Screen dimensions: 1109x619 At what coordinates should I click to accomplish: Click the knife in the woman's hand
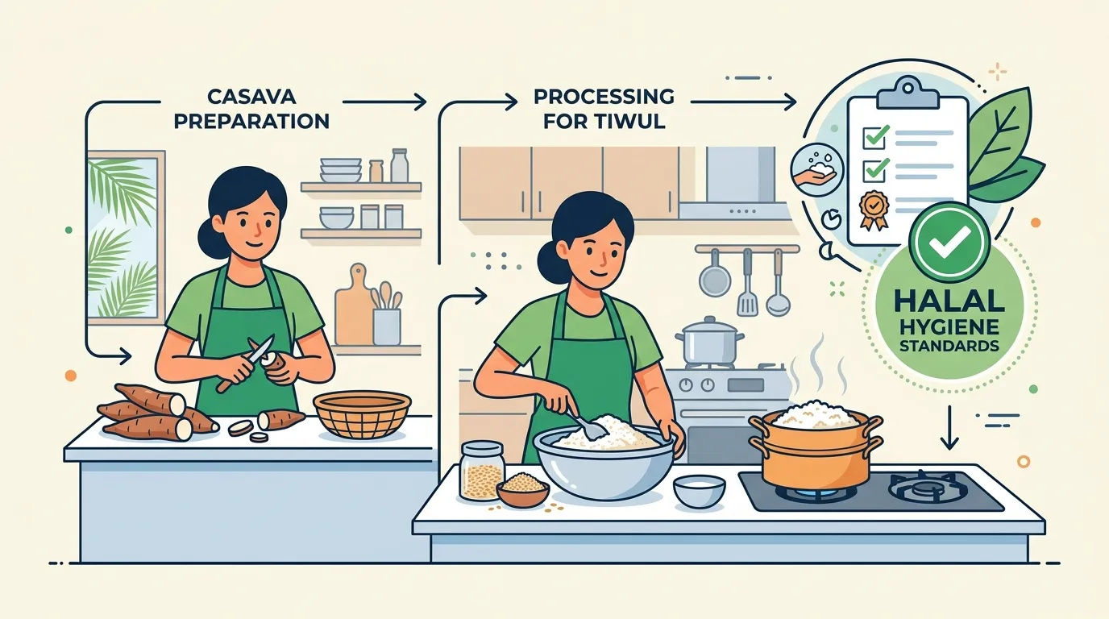tap(247, 363)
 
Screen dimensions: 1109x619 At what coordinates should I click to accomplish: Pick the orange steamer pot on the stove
tap(816, 451)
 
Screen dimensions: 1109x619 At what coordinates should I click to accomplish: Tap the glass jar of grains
tap(481, 471)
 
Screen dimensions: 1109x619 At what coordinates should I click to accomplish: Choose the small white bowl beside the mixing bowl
tap(699, 490)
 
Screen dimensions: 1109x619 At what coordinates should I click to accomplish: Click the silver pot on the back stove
tap(709, 341)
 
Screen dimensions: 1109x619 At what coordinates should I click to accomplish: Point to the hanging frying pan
tap(714, 273)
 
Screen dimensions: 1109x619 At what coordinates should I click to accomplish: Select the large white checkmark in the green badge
tap(949, 241)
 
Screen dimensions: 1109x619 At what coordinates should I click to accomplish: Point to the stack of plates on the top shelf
tap(341, 170)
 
